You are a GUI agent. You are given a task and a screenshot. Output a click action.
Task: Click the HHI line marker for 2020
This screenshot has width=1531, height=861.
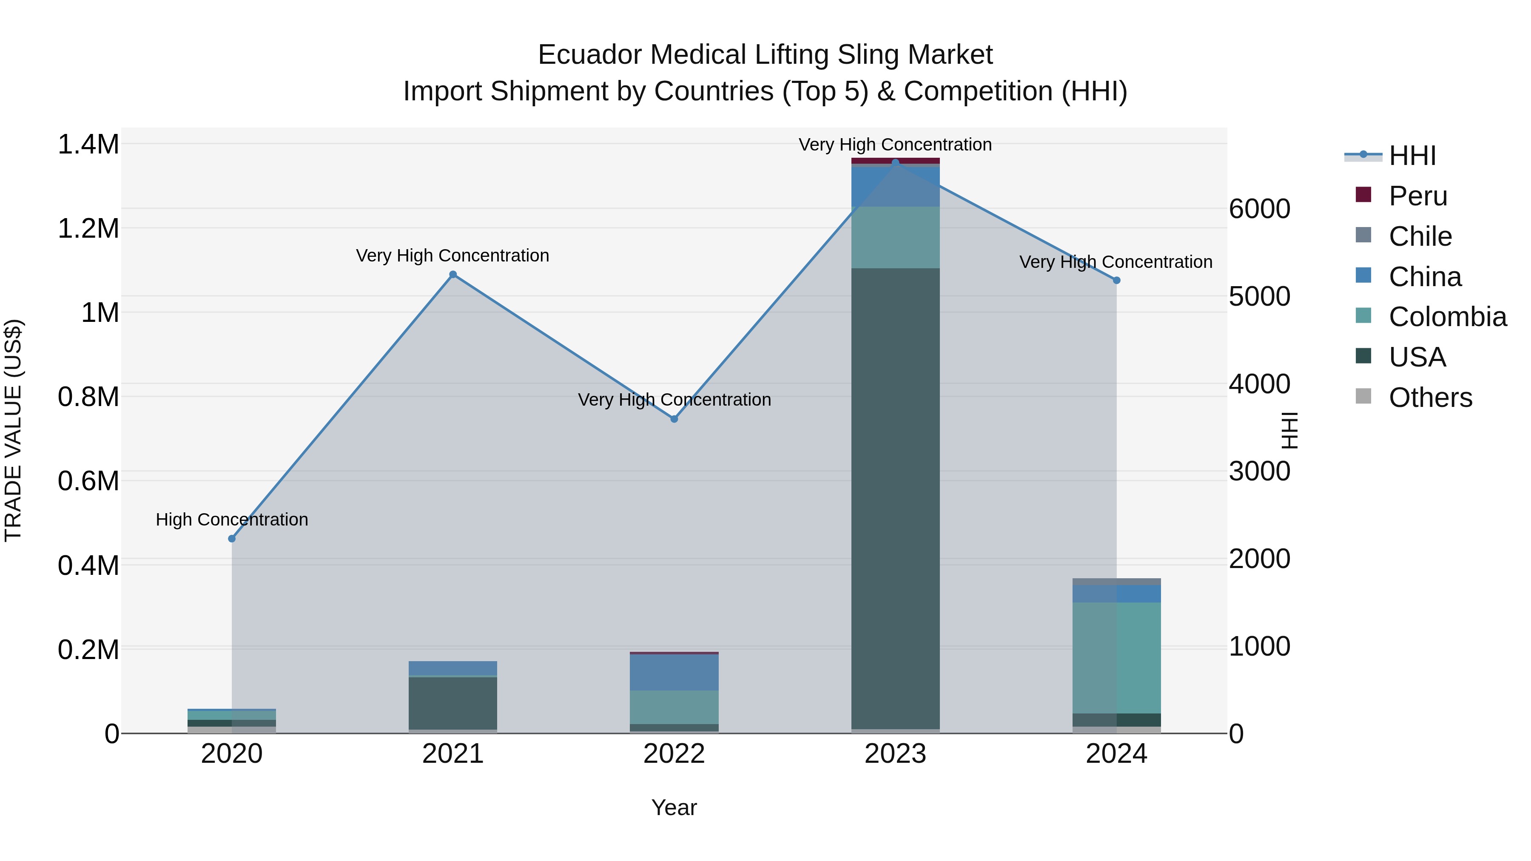pos(232,538)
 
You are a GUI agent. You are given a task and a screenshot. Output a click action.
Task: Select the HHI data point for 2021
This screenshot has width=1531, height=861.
pos(453,275)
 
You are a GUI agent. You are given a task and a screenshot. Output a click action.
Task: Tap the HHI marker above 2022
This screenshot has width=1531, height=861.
pos(674,419)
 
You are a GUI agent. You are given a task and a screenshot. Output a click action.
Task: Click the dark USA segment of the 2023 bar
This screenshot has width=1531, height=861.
pos(895,499)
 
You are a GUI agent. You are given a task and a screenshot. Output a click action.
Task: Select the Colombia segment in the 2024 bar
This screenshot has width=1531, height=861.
pos(1116,658)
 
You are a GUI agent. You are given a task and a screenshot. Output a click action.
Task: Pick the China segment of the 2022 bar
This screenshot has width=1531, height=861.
pos(674,672)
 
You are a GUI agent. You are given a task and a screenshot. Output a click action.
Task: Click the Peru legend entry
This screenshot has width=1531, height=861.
pos(1417,196)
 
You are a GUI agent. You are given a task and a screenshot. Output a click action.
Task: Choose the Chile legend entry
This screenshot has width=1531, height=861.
pos(1420,236)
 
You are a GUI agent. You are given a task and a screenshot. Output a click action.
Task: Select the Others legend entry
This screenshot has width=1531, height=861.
pos(1430,398)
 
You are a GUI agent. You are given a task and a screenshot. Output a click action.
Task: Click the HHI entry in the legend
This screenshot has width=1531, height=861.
pos(1411,156)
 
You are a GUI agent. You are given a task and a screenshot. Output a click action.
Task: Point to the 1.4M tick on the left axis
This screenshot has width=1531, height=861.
pos(88,145)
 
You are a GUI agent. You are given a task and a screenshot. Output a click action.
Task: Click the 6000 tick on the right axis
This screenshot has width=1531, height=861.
pos(1259,209)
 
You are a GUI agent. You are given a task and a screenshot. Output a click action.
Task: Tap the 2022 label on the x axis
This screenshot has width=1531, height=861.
pos(674,754)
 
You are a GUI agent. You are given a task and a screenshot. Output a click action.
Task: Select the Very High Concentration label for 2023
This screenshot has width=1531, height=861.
pos(895,145)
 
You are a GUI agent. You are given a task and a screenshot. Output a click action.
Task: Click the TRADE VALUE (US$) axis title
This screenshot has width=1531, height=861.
pos(13,430)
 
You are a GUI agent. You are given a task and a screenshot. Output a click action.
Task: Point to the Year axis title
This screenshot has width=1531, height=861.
pos(674,807)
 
